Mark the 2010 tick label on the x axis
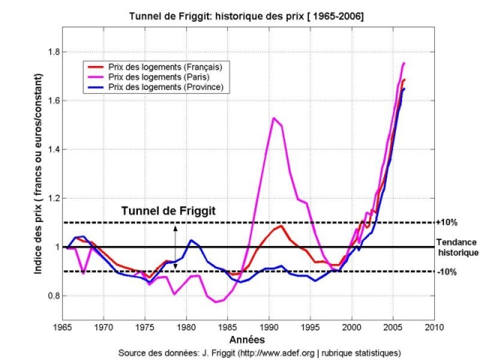(433, 328)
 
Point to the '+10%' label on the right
(447, 223)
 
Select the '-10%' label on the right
(447, 271)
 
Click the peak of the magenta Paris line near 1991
(274, 118)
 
